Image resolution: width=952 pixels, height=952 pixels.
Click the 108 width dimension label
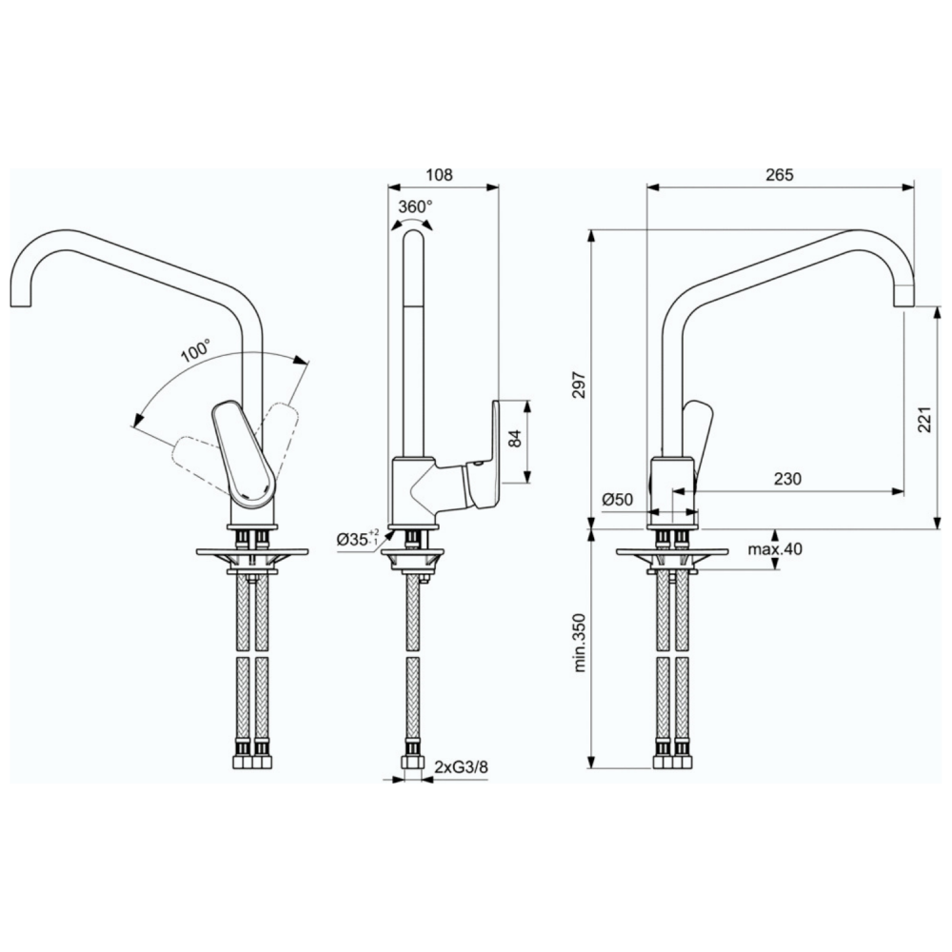coord(439,175)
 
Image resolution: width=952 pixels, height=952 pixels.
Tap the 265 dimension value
coord(780,175)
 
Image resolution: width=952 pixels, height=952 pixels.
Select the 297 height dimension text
coord(580,385)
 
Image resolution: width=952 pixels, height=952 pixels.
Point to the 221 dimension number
coord(924,418)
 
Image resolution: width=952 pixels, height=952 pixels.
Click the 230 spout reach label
coord(787,479)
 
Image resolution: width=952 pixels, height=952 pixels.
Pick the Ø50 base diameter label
coord(618,500)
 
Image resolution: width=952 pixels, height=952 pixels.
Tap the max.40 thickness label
coord(775,549)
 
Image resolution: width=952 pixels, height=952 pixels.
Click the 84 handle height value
coord(515,438)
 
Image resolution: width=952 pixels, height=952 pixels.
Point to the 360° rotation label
coord(415,207)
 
